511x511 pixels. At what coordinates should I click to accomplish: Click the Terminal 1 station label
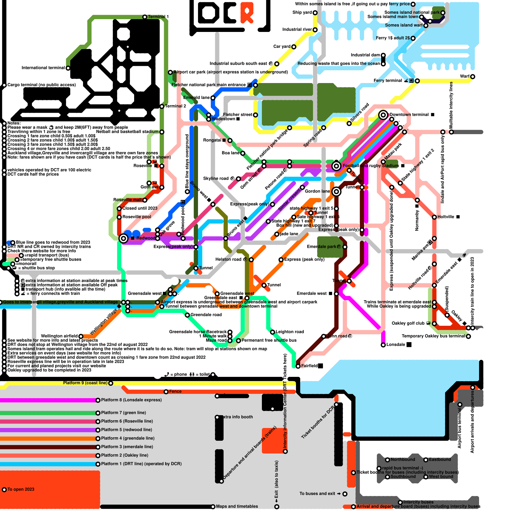(158, 17)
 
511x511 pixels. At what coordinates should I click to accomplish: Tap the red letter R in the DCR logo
(247, 12)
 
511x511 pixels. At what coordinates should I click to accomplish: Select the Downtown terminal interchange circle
(383, 115)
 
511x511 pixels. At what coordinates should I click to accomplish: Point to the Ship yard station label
(302, 12)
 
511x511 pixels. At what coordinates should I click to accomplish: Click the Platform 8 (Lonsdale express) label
(131, 400)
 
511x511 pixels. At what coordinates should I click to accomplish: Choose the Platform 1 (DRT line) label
(141, 464)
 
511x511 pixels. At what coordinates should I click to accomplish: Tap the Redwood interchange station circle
(123, 238)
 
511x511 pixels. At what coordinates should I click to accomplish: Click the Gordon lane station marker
(336, 191)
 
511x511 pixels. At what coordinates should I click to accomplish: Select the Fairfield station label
(309, 366)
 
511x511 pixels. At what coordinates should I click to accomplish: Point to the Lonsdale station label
(396, 345)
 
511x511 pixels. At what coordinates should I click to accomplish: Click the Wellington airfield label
(59, 336)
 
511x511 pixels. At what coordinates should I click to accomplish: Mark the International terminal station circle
(68, 68)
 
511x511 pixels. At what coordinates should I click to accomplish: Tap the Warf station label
(465, 76)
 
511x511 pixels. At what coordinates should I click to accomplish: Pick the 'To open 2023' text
(21, 489)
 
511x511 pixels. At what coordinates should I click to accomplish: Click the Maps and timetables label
(237, 506)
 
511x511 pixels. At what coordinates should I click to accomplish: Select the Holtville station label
(446, 217)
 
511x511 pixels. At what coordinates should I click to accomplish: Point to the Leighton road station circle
(272, 332)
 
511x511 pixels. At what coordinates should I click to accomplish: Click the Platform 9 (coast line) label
(85, 383)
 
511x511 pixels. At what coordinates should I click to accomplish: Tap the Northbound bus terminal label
(403, 460)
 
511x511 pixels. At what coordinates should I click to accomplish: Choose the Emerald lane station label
(196, 98)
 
